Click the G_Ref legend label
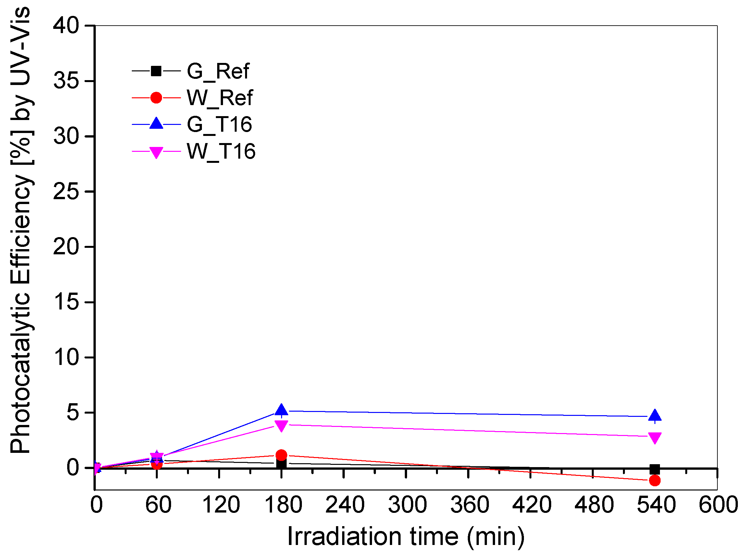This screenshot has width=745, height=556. pos(218,71)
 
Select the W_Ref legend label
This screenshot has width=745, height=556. pos(219,98)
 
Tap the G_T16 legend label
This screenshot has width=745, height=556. pos(219,125)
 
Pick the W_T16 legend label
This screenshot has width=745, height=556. pos(221,151)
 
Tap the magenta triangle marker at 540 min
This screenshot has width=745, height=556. pos(655,438)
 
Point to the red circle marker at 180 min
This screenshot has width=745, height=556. pos(281,455)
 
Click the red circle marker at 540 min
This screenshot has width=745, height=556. pos(655,481)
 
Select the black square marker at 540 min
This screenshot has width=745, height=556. pos(655,469)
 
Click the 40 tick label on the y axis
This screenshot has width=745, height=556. pos(66,26)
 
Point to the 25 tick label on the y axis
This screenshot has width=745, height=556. pos(66,191)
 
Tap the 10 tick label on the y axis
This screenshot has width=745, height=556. pos(66,357)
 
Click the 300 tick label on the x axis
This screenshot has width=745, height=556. pos(407,505)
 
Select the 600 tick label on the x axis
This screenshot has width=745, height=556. pos(718,505)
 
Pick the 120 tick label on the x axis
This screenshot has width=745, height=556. pos(221,505)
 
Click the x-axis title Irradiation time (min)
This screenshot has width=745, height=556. pos(406,537)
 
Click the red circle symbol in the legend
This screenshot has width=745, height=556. pos(156,98)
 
